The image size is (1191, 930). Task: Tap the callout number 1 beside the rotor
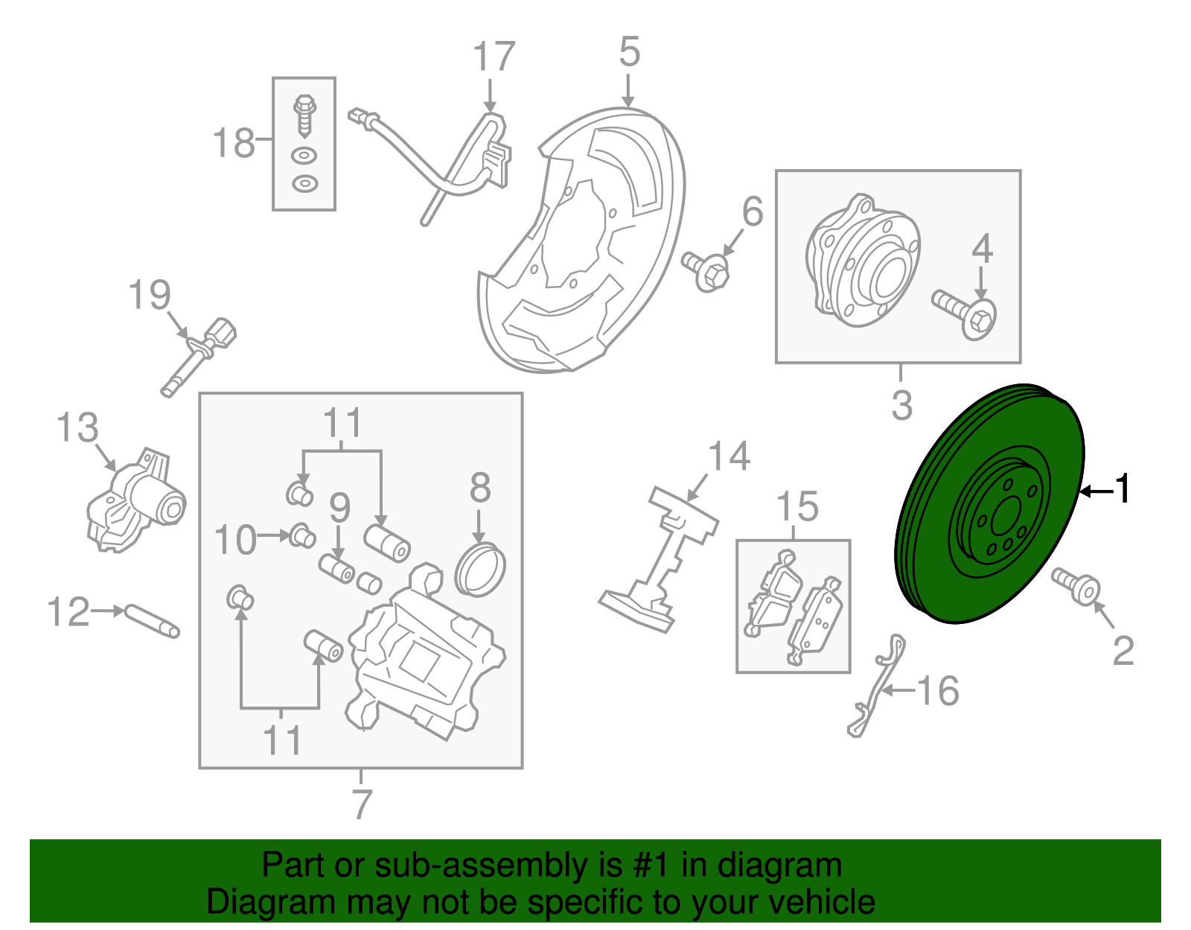[1122, 490]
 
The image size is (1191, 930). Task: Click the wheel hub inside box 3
[863, 261]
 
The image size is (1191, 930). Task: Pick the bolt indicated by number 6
[706, 270]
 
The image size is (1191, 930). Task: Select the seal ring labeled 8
[480, 570]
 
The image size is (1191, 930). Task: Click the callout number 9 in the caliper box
[339, 509]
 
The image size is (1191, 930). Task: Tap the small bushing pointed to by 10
[302, 535]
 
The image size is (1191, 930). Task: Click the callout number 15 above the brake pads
[797, 507]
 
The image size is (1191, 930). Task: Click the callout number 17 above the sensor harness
[494, 57]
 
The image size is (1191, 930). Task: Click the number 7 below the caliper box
[362, 804]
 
